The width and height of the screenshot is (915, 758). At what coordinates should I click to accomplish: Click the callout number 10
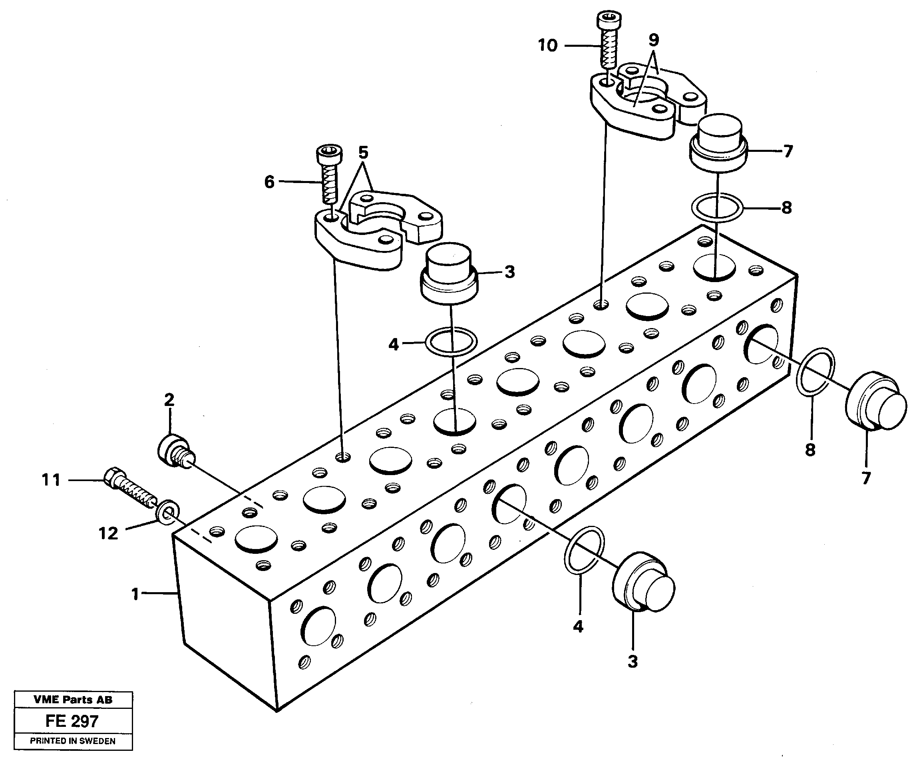tap(547, 45)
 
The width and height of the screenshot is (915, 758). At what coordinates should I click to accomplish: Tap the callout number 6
tap(269, 182)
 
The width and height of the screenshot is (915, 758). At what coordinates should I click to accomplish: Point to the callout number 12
tap(108, 533)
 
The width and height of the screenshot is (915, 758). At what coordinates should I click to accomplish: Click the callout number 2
tap(169, 399)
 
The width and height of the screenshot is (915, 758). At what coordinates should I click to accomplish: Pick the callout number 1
tap(135, 594)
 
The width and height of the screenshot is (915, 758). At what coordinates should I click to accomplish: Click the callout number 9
tap(654, 40)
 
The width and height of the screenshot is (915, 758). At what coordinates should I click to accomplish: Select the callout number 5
tap(363, 153)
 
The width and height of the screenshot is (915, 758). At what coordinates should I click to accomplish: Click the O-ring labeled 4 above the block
tap(451, 342)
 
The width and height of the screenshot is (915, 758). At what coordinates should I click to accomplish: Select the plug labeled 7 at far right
tap(875, 401)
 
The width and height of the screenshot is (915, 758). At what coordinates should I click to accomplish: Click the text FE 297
tap(72, 721)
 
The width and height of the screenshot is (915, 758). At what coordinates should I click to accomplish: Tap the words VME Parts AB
tap(73, 700)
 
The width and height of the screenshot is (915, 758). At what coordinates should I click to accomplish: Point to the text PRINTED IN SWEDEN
tap(73, 741)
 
